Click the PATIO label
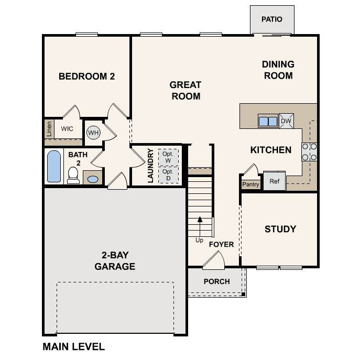pos(272,19)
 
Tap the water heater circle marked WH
pos(93,133)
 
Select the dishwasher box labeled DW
pos(286,121)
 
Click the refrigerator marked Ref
pos(275,181)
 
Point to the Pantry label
pos(250,184)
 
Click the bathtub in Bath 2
pos(54,166)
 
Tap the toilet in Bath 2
pos(73,176)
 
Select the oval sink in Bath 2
pos(93,179)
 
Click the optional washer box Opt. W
pos(168,157)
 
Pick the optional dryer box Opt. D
pos(168,175)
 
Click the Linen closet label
pos(49,129)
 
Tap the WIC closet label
pos(67,128)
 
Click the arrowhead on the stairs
pos(200,219)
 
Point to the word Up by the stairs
pos(199,240)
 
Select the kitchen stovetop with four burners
pos(309,152)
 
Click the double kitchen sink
pos(268,121)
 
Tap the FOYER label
pos(221,244)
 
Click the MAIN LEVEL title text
pos(74,346)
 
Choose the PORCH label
pos(217,281)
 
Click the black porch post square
pos(243,294)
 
